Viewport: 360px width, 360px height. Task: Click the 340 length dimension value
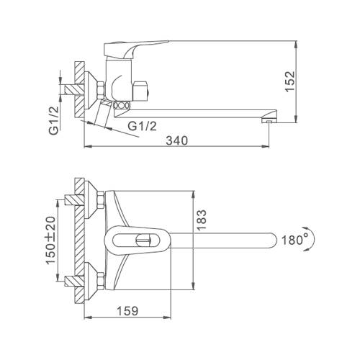point(177,140)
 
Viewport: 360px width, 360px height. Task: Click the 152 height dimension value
point(289,81)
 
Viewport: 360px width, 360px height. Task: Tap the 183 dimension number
point(201,220)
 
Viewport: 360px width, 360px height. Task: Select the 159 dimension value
point(127,311)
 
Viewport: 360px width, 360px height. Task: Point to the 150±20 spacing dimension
point(50,240)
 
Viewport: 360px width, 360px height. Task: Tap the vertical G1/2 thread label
point(54,121)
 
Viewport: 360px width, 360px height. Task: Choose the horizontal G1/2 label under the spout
point(142,126)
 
